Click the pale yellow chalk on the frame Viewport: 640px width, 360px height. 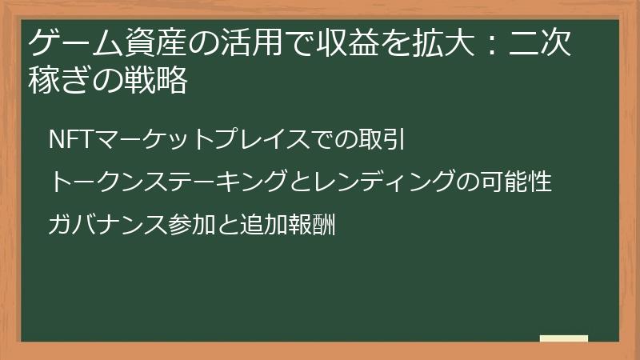(x=563, y=339)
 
